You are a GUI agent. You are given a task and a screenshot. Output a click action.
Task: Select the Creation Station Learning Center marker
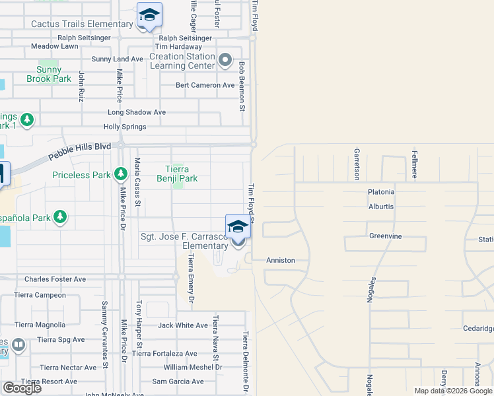click(x=225, y=61)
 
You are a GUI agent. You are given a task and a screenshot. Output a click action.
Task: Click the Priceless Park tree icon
click(x=120, y=174)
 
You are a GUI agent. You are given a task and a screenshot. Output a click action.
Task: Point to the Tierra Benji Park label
click(x=177, y=173)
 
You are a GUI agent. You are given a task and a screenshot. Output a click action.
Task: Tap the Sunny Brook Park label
click(x=49, y=74)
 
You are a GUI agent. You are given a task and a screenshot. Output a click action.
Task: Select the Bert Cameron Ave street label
click(x=205, y=85)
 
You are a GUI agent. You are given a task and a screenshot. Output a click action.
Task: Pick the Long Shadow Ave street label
click(x=137, y=112)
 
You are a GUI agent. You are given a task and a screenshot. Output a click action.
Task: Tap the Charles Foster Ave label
click(x=55, y=279)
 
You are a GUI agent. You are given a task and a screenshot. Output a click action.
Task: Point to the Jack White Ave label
click(x=183, y=325)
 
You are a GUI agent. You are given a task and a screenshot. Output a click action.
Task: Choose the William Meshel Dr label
click(x=193, y=367)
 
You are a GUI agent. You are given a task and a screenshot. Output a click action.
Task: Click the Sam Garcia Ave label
click(x=178, y=381)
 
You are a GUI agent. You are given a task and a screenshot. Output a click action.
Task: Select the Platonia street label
click(x=381, y=192)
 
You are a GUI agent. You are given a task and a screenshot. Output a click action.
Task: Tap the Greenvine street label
click(x=386, y=236)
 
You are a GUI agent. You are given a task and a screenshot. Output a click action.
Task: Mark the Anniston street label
click(x=281, y=260)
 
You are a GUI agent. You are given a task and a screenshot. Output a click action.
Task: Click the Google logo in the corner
click(x=22, y=387)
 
